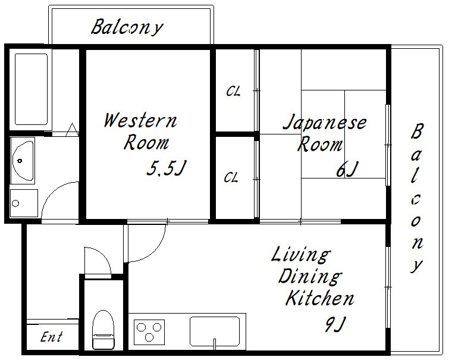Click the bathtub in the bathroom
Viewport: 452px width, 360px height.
(x=31, y=89)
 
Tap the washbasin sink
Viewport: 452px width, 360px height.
(x=23, y=161)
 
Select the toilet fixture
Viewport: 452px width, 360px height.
(x=103, y=330)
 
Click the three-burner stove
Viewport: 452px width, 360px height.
(x=149, y=332)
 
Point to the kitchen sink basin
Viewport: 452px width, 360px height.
(x=215, y=331)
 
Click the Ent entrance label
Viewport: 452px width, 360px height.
(x=51, y=337)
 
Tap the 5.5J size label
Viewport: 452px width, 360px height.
(x=167, y=168)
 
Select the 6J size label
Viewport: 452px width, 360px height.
(x=347, y=169)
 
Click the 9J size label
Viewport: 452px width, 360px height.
(x=335, y=324)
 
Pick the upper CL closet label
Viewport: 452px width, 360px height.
(x=233, y=91)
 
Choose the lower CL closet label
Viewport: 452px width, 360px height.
(x=231, y=177)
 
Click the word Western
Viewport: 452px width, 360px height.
(x=140, y=121)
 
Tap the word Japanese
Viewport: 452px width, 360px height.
(x=325, y=123)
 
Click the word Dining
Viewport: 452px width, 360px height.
(x=310, y=276)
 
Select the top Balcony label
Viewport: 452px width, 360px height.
(x=127, y=27)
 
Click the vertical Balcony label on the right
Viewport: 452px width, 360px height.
(x=416, y=198)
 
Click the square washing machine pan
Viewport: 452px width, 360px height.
(x=24, y=203)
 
